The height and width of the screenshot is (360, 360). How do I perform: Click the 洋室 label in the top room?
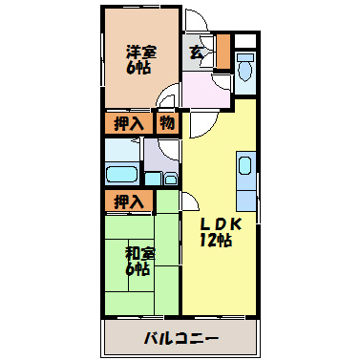140,52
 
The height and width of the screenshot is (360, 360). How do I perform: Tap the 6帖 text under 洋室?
140,69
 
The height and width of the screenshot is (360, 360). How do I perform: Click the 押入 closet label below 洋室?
128,123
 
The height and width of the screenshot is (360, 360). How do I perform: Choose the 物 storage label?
167,123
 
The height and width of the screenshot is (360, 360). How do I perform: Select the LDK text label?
221,223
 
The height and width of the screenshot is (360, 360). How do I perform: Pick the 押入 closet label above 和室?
128,201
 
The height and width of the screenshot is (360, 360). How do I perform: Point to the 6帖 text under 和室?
139,270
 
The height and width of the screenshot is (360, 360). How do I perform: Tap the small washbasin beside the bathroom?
170,178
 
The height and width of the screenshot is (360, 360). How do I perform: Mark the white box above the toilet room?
245,40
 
